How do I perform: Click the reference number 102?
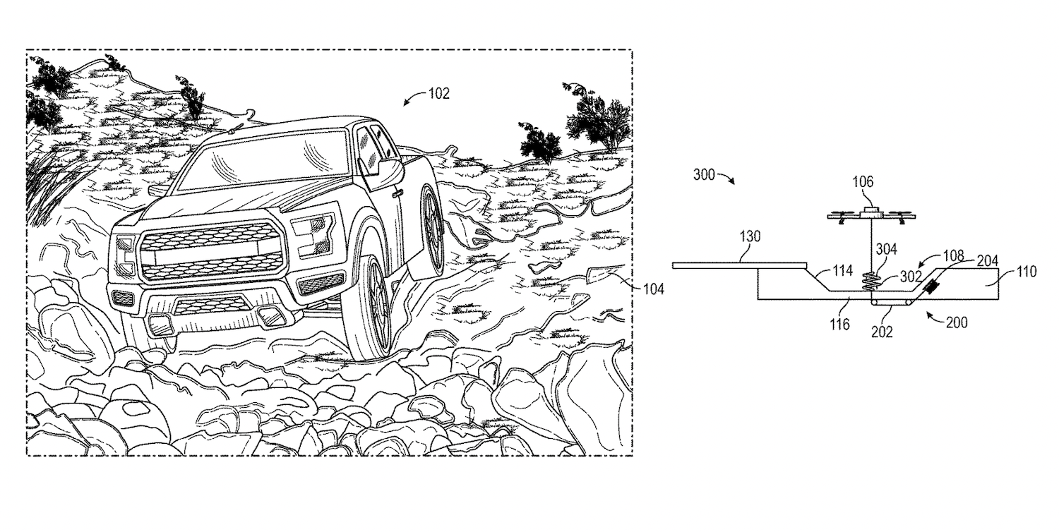tap(438, 94)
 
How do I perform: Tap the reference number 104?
tap(653, 289)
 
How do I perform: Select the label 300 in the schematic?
tap(704, 175)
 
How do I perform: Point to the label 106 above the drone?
tap(863, 181)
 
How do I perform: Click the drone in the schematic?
tap(871, 215)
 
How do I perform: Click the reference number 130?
tap(750, 236)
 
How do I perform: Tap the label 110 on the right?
tap(1026, 272)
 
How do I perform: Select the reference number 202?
tap(882, 332)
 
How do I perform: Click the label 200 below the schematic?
tap(957, 322)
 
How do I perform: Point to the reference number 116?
tap(839, 324)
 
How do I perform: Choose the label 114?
tap(842, 271)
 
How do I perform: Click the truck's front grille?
tap(213, 250)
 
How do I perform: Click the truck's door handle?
tap(397, 194)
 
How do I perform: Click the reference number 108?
tap(953, 256)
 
